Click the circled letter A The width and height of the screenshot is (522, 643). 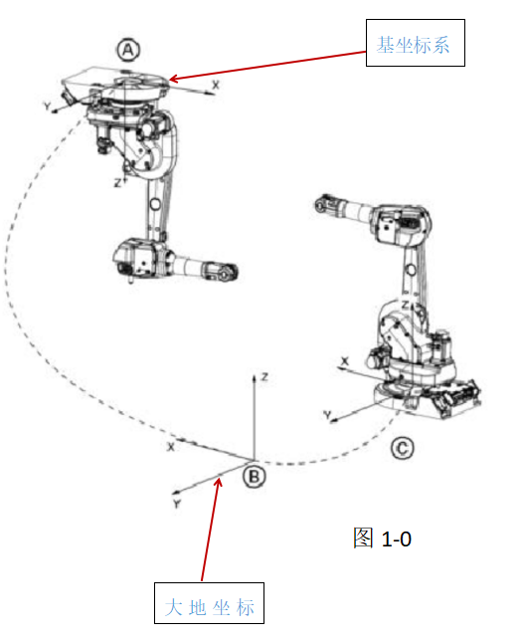point(128,50)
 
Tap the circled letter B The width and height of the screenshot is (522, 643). point(254,476)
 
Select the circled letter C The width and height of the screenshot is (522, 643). point(403,448)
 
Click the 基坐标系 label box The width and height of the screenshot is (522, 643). point(415,43)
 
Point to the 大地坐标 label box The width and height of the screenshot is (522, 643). point(209,603)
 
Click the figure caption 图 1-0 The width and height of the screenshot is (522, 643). point(382,538)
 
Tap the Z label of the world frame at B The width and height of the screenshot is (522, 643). point(264,376)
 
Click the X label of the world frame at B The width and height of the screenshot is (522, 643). point(171,447)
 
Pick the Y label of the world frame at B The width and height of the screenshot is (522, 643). point(177,504)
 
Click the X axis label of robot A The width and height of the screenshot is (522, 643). point(216,85)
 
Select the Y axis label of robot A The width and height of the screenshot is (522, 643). point(48,106)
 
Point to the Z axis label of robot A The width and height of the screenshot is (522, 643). point(117,183)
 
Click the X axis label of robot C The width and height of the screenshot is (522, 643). point(345,361)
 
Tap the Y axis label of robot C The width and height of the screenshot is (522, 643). point(327,415)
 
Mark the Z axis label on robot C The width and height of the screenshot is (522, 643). point(405,305)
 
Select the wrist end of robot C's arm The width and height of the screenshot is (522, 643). point(324,203)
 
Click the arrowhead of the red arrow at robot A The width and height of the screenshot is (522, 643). point(173,79)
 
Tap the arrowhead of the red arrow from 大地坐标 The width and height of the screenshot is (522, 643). point(219,482)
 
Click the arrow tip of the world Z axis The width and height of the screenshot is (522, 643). point(254,375)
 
